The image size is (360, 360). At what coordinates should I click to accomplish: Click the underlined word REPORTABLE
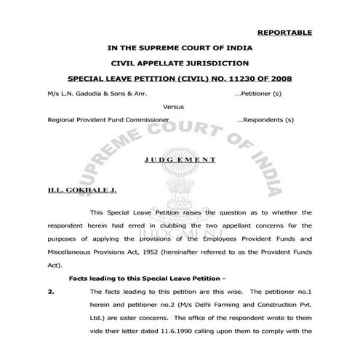(284, 33)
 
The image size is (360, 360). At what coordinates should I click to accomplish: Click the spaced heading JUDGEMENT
(179, 158)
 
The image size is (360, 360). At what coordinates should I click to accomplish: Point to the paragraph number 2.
(49, 290)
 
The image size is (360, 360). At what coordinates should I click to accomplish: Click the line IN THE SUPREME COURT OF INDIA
(179, 48)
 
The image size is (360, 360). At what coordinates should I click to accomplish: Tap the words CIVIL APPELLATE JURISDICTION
(179, 63)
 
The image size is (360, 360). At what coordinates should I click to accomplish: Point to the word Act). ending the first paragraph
(55, 265)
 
